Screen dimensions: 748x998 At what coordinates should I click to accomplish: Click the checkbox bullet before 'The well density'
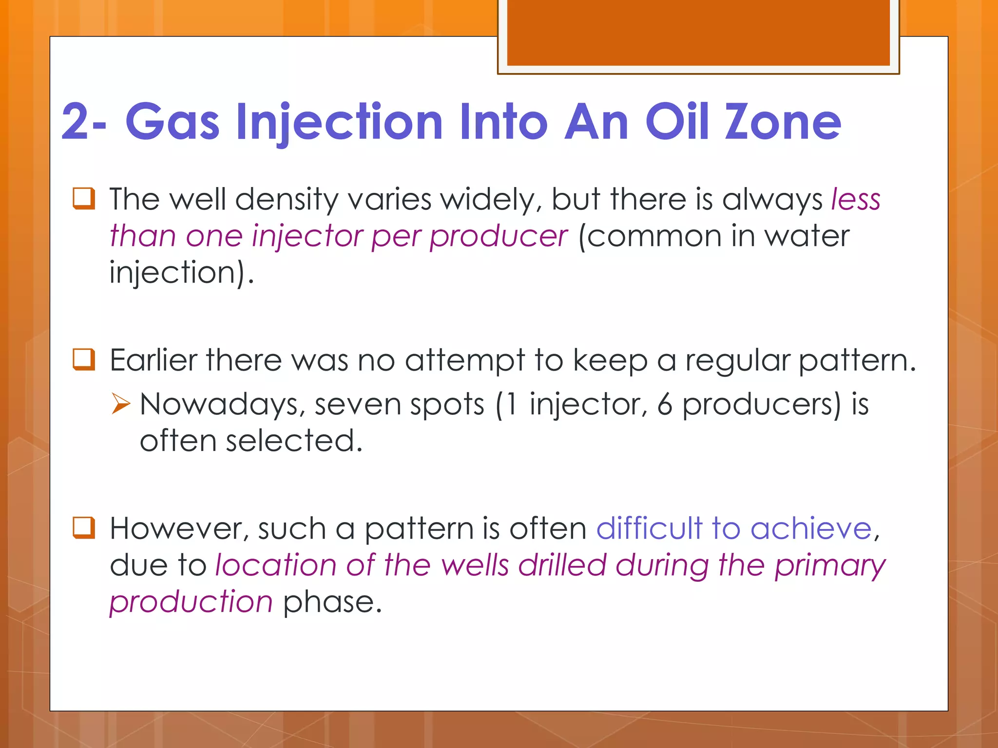coord(84,199)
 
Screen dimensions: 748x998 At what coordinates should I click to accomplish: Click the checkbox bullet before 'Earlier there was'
coord(84,360)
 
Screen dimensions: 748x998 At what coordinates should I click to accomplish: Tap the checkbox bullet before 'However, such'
coord(84,528)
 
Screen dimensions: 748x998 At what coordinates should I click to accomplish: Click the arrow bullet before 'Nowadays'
coord(121,404)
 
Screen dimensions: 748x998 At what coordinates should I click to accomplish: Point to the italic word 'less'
coord(856,200)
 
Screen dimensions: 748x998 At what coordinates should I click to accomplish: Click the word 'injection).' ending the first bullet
coord(182,273)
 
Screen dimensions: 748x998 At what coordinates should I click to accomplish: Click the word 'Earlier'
coord(154,361)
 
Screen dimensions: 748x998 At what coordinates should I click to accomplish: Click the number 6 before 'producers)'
coord(665,405)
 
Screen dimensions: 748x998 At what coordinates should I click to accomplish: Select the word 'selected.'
coord(294,441)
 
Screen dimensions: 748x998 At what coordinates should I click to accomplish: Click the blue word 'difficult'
coord(649,529)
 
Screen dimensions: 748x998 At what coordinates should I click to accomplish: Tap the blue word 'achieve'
coord(811,529)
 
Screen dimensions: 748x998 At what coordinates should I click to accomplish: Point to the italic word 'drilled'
coord(561,565)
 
